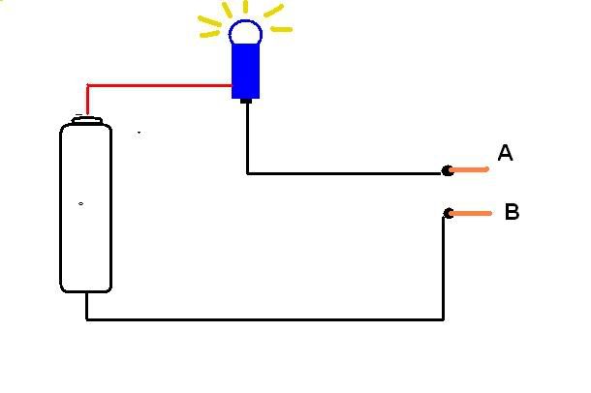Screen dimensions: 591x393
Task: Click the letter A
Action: click(505, 153)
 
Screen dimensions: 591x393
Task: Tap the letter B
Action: click(513, 212)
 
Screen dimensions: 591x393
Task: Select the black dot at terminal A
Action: click(448, 170)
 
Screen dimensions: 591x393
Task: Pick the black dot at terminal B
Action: click(449, 213)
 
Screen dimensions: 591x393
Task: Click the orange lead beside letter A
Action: click(469, 169)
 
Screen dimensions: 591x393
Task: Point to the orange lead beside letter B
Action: click(471, 213)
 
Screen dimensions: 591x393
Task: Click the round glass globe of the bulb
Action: click(245, 32)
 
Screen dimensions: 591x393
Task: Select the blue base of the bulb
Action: click(245, 72)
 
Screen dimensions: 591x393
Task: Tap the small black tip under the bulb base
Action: click(246, 101)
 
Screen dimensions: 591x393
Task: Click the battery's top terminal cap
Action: click(87, 120)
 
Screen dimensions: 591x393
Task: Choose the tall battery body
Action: click(86, 208)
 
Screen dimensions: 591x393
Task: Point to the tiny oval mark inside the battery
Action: click(80, 203)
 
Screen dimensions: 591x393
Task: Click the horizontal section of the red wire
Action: click(160, 85)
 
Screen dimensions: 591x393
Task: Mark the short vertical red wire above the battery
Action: click(87, 100)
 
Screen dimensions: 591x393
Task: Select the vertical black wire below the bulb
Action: click(247, 137)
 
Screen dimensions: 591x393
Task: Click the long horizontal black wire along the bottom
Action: click(264, 319)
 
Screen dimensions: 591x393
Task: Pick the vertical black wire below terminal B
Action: click(444, 268)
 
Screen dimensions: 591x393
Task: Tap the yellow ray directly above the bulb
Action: click(246, 7)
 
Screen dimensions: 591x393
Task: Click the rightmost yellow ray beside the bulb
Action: click(281, 29)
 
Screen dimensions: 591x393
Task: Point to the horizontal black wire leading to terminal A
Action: click(345, 173)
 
